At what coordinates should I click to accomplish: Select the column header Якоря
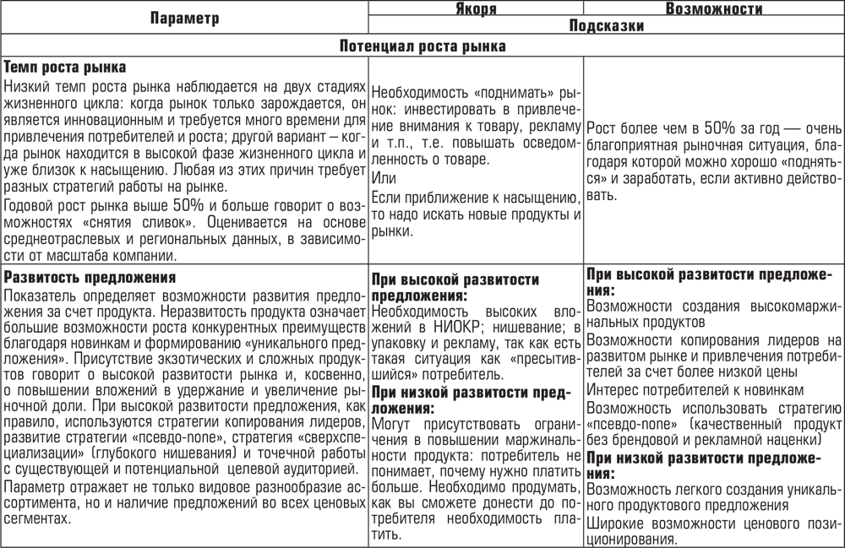pos(476,8)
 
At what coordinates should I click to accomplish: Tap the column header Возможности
pos(714,8)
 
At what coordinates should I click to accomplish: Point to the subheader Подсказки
pos(606,26)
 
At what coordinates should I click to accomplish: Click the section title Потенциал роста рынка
pos(422,46)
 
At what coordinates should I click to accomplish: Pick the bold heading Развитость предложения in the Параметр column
pos(89,278)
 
